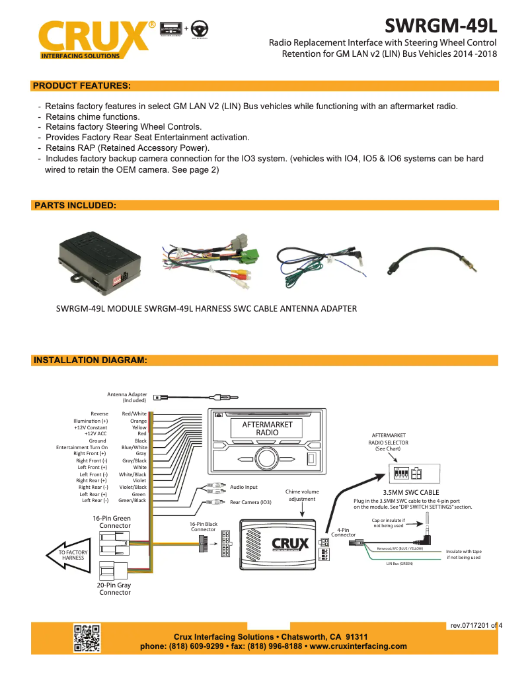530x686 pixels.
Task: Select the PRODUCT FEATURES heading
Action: pyautogui.click(x=81, y=86)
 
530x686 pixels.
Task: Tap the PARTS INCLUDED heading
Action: pyautogui.click(x=75, y=206)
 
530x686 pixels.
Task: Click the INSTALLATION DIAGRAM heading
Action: pyautogui.click(x=89, y=361)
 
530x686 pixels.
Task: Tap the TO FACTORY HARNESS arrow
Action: pyautogui.click(x=69, y=554)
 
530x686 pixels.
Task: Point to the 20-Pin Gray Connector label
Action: pyautogui.click(x=114, y=589)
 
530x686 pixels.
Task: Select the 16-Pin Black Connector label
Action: pyautogui.click(x=204, y=527)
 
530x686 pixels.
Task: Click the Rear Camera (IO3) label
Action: pyautogui.click(x=250, y=502)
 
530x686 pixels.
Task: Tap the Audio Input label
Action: pyautogui.click(x=243, y=487)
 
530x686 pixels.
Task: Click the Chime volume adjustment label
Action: pyautogui.click(x=302, y=495)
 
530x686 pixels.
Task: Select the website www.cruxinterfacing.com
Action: pyautogui.click(x=358, y=646)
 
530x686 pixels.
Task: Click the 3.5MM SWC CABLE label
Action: pyautogui.click(x=411, y=492)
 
